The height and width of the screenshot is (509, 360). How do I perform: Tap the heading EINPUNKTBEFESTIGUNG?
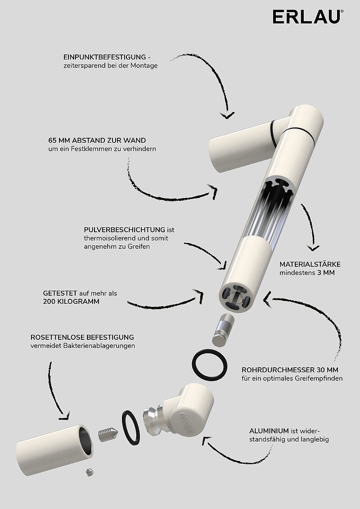point(104,57)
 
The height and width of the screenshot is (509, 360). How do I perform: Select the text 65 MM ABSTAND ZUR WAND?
point(97,140)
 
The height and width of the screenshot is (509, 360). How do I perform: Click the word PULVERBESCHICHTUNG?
point(124,230)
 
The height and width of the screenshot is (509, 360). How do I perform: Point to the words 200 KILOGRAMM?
point(71,302)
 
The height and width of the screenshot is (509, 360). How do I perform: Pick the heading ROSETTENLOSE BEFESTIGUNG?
point(82,337)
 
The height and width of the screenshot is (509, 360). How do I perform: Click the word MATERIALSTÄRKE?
point(310,265)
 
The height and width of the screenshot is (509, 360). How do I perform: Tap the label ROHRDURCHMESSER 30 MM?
point(290,370)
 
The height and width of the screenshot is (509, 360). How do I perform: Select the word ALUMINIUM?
point(269,431)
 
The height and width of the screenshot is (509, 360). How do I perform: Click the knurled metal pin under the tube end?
point(223,330)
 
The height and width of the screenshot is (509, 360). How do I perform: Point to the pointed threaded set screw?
point(108,434)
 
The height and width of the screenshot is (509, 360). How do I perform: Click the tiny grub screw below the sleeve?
point(90,472)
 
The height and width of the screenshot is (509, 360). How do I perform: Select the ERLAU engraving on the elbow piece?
point(189,423)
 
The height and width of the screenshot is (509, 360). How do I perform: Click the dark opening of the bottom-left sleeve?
point(84,441)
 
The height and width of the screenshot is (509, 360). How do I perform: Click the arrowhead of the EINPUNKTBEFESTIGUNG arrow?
point(227,115)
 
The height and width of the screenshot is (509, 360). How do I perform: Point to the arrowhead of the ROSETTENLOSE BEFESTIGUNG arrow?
point(65,415)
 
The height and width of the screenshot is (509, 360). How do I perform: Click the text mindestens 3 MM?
point(307,273)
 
